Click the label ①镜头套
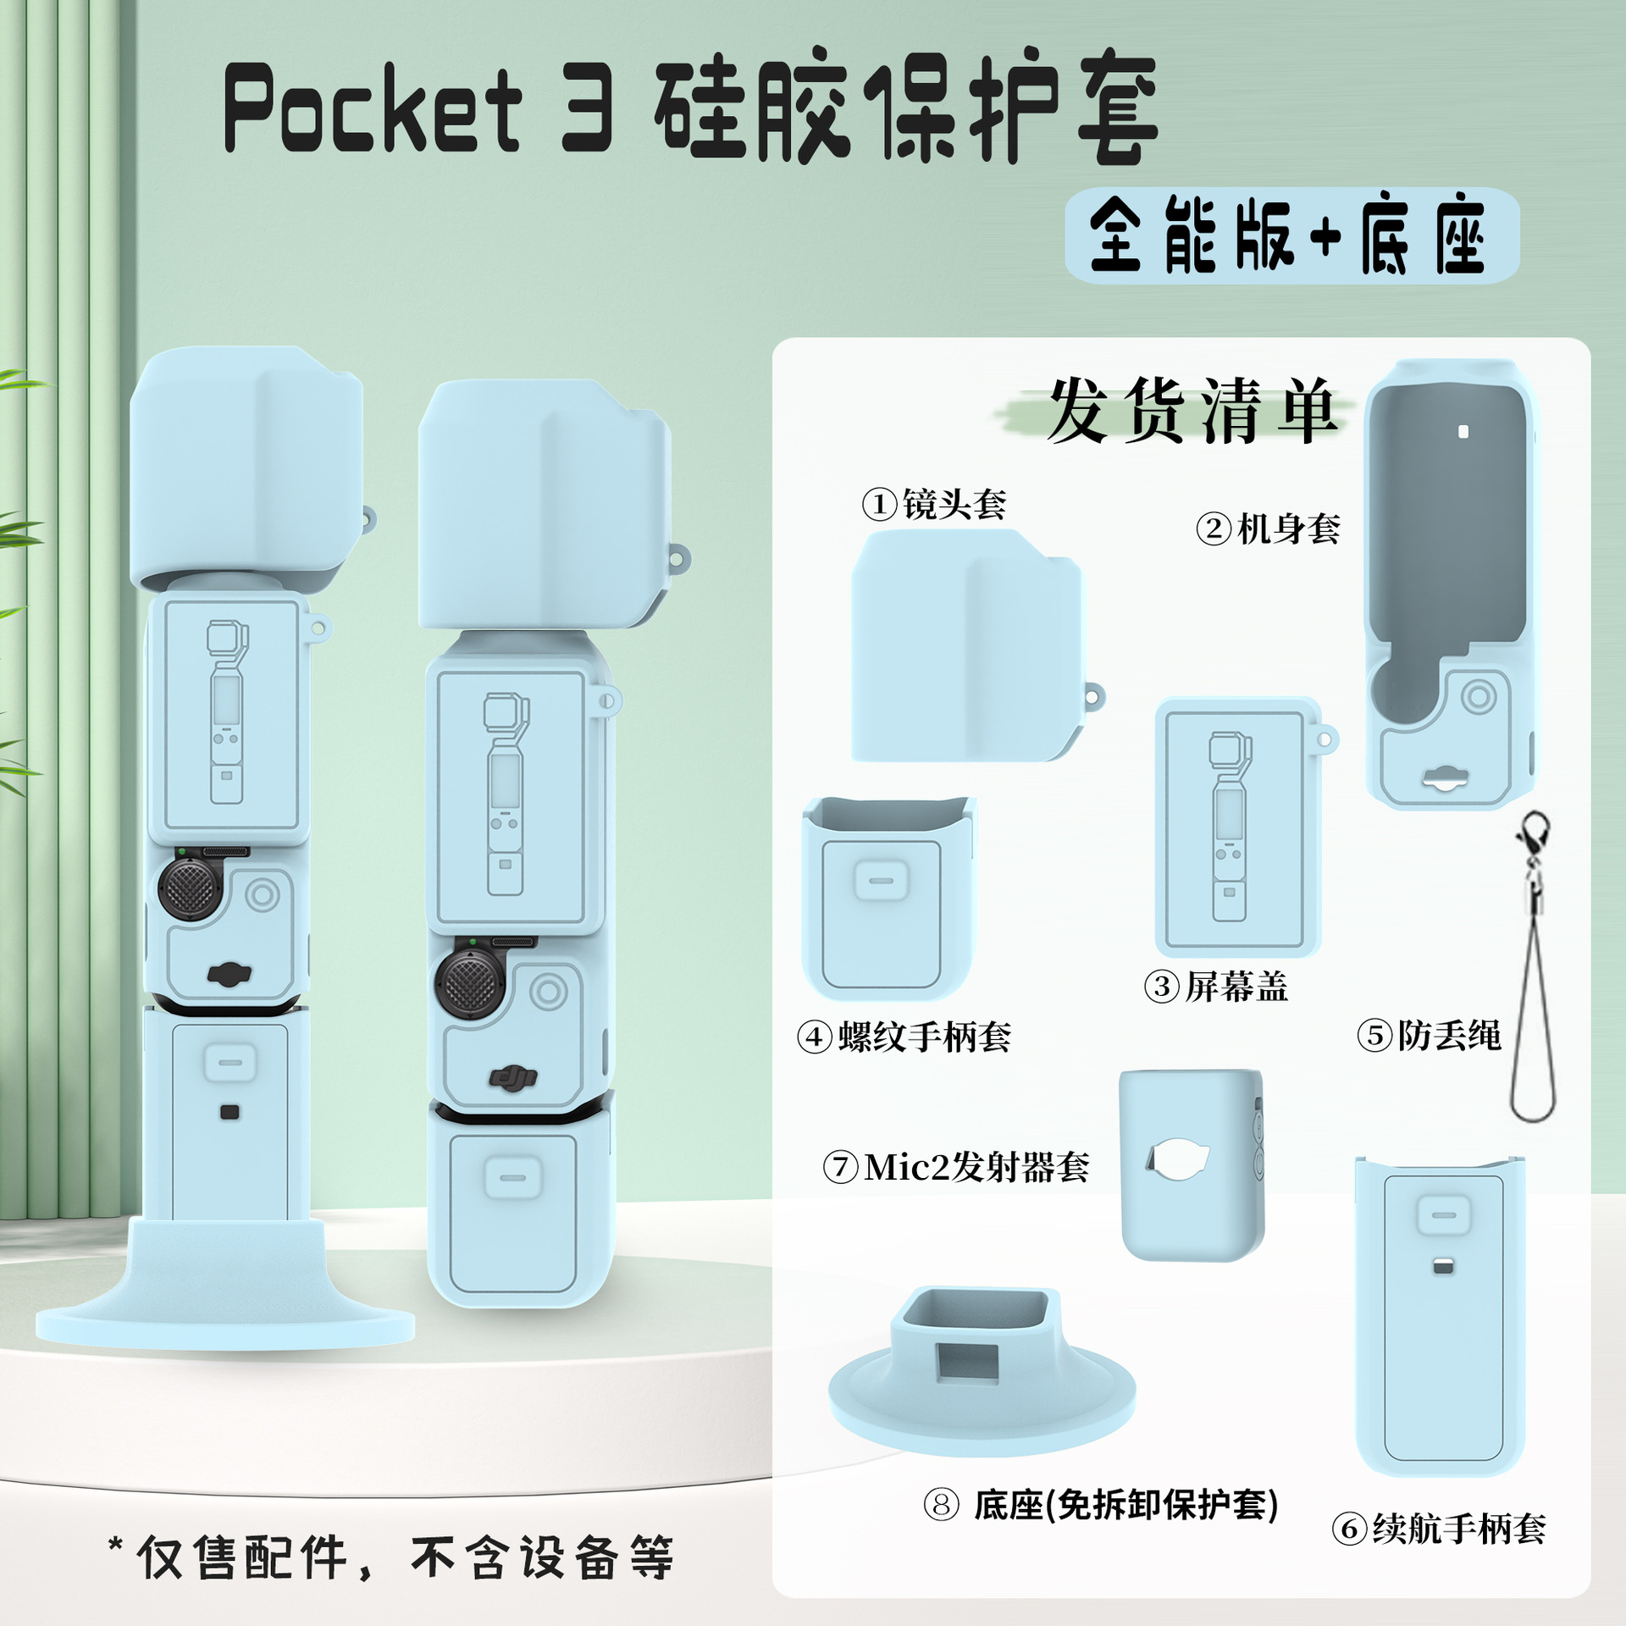[934, 505]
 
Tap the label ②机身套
[1268, 529]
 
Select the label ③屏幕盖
[1215, 987]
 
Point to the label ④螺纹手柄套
[904, 1037]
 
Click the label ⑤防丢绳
[1429, 1035]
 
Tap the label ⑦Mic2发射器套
[956, 1167]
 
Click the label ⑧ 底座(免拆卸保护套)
[1100, 1505]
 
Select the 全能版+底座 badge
[1291, 236]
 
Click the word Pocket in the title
[373, 110]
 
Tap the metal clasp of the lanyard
[1534, 838]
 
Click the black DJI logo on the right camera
[513, 1077]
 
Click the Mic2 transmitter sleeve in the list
[1192, 1164]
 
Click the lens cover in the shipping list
[965, 644]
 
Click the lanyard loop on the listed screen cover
[1326, 741]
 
